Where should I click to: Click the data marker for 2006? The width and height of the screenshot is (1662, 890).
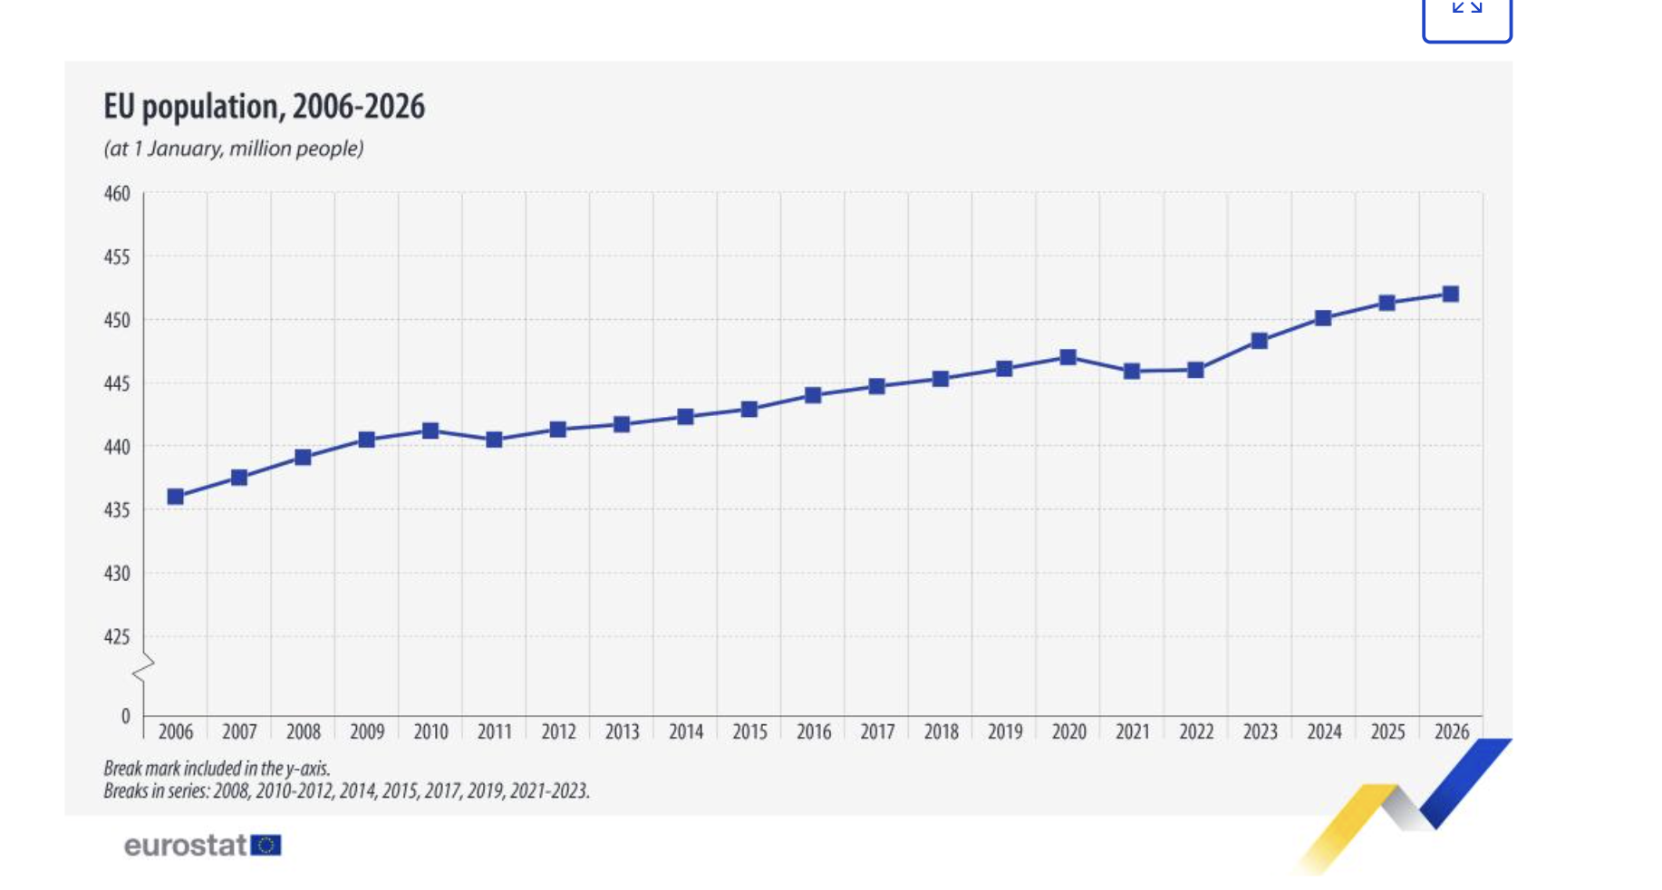click(x=176, y=497)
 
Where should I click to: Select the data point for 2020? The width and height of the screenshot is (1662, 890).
click(x=1068, y=357)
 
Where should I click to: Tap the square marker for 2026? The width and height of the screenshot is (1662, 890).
click(x=1451, y=294)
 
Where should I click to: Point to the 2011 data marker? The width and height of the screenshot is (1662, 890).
click(x=494, y=440)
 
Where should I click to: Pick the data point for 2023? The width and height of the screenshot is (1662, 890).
click(x=1260, y=341)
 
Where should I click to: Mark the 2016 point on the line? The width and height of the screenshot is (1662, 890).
click(x=813, y=395)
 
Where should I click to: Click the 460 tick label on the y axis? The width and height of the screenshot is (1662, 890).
click(x=117, y=194)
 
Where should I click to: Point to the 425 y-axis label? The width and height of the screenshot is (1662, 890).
click(x=117, y=637)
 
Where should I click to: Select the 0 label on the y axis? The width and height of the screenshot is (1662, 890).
click(x=126, y=717)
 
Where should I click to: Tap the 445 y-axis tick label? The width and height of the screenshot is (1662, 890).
click(x=117, y=384)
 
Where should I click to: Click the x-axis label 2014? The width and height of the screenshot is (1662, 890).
click(x=686, y=731)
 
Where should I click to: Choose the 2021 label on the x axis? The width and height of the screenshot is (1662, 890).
click(x=1133, y=731)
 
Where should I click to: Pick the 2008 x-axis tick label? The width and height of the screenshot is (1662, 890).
click(x=304, y=731)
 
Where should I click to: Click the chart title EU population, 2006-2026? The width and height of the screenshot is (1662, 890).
click(x=264, y=107)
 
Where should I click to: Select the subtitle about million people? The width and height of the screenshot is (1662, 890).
click(x=234, y=149)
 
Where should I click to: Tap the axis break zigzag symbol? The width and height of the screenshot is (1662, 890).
click(x=143, y=669)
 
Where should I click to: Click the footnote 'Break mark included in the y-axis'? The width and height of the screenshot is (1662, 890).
click(x=217, y=769)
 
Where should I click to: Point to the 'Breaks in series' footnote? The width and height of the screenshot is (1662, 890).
click(x=346, y=791)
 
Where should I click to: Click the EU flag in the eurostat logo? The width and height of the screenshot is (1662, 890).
click(x=266, y=846)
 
